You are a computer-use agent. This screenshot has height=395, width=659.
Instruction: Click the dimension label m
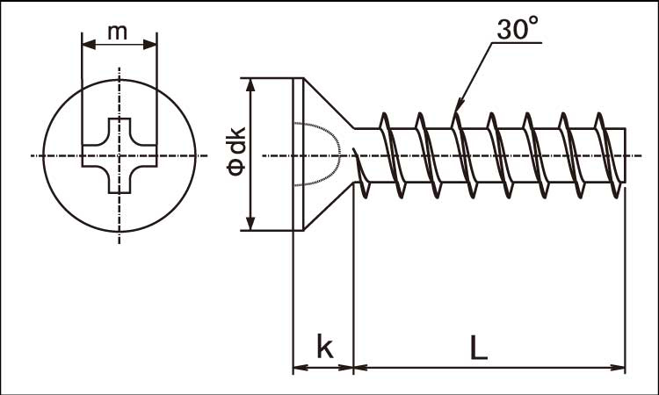click(x=117, y=32)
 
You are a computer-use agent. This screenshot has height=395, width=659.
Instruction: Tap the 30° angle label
click(x=517, y=29)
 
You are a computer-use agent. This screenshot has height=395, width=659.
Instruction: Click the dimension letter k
click(x=324, y=347)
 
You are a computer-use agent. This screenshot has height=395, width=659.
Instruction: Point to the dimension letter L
click(x=478, y=348)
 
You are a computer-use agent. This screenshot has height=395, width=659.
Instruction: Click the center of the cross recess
click(x=119, y=155)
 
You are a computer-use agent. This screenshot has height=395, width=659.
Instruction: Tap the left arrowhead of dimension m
click(x=89, y=45)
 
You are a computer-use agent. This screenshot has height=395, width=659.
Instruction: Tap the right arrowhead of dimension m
click(x=150, y=45)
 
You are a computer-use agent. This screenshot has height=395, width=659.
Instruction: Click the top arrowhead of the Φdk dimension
click(x=250, y=85)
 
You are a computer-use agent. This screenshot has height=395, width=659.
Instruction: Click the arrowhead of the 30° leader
click(x=459, y=106)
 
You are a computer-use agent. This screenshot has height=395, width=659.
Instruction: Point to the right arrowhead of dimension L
click(x=619, y=368)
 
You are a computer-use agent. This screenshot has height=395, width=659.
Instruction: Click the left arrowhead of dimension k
click(x=300, y=368)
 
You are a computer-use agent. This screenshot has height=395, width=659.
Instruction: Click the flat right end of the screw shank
click(x=626, y=154)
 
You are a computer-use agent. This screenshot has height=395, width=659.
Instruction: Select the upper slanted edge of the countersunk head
click(x=329, y=103)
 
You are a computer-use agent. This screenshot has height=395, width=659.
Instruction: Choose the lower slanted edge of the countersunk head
click(x=329, y=206)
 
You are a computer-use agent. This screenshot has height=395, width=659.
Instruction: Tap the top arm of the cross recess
click(x=119, y=130)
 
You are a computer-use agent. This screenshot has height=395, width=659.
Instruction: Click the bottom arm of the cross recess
click(x=119, y=181)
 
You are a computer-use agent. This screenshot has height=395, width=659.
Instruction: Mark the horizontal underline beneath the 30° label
click(x=517, y=42)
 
